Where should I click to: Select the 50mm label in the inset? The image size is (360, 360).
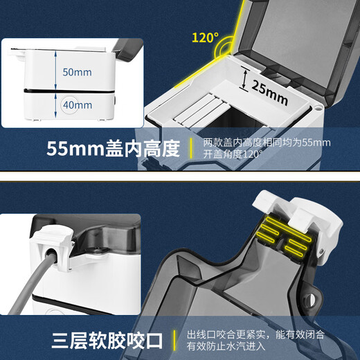[x=78, y=71]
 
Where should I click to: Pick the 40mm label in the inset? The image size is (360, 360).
[x=78, y=105]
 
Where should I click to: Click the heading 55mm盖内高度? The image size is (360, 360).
[x=113, y=149]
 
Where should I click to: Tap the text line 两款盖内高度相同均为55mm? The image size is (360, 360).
[x=267, y=143]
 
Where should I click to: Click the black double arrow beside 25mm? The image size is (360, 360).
[x=245, y=78]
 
